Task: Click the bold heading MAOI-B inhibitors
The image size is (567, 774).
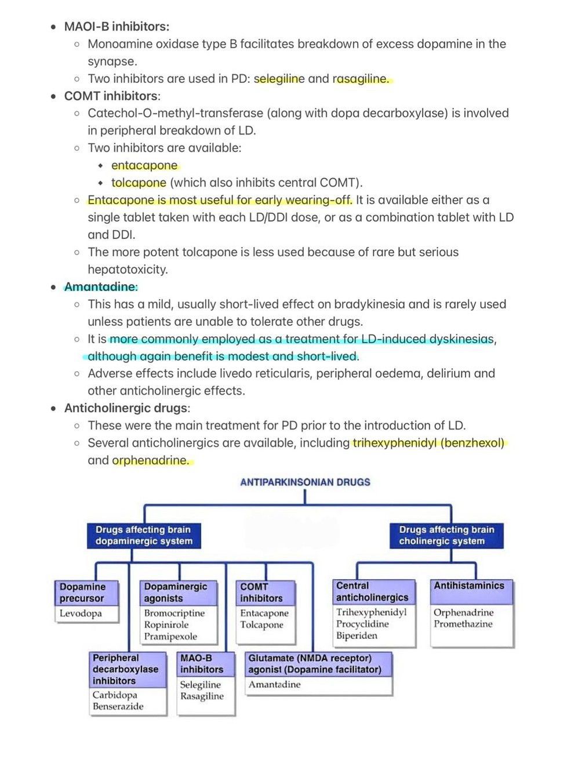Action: [117, 27]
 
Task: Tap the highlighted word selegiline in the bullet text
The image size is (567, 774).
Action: [279, 79]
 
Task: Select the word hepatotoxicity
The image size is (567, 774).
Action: [128, 270]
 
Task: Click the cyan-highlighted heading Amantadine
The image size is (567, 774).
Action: [100, 287]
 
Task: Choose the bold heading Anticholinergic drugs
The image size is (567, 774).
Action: [126, 408]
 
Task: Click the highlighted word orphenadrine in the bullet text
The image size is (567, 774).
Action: [150, 460]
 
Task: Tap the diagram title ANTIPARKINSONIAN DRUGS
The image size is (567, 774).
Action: [305, 482]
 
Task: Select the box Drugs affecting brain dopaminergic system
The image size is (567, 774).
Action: [144, 535]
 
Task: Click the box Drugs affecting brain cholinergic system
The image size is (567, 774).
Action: [446, 535]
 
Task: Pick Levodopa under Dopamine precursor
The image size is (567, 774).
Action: [81, 613]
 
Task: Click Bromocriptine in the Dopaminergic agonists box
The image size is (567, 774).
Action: [175, 613]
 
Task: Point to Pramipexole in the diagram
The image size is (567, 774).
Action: [170, 637]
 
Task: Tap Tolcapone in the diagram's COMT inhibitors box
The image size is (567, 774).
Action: [261, 625]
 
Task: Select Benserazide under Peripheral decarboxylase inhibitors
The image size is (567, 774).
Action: [118, 706]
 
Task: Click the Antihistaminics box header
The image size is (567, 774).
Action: [469, 586]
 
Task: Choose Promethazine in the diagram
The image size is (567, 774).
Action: [463, 624]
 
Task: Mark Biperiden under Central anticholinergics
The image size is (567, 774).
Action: [357, 636]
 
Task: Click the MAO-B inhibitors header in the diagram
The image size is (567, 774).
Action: [202, 664]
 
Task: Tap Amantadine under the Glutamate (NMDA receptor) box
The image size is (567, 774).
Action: [275, 685]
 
